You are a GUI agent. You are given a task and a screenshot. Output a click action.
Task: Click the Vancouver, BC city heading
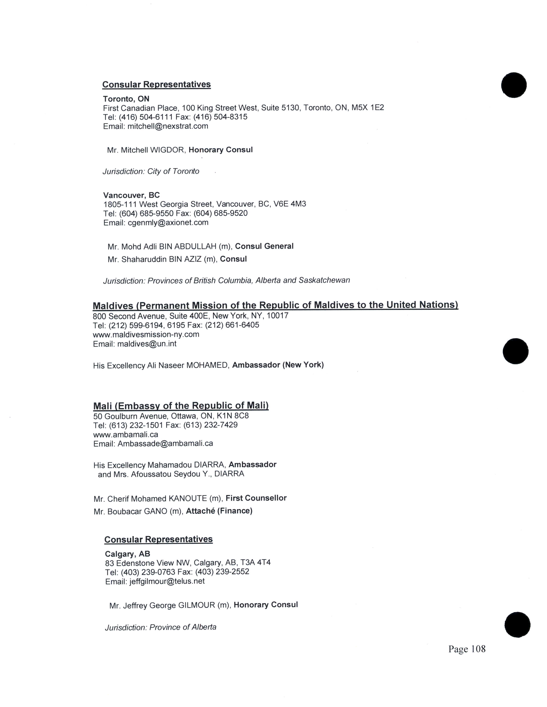[x=131, y=195]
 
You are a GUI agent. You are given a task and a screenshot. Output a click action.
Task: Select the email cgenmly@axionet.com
[x=168, y=223]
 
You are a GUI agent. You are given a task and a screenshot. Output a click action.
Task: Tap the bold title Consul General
[x=264, y=246]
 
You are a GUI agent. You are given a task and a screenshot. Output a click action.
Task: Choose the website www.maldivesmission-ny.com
[x=146, y=334]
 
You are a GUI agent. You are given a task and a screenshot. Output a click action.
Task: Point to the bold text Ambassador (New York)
[x=278, y=365]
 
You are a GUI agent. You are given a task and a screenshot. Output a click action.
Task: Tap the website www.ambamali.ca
[x=126, y=434]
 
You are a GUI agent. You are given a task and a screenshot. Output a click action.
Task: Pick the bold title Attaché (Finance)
[x=219, y=511]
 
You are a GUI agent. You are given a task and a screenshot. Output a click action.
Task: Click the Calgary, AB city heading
[x=127, y=554]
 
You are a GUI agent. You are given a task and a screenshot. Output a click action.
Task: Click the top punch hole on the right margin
[x=514, y=85]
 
